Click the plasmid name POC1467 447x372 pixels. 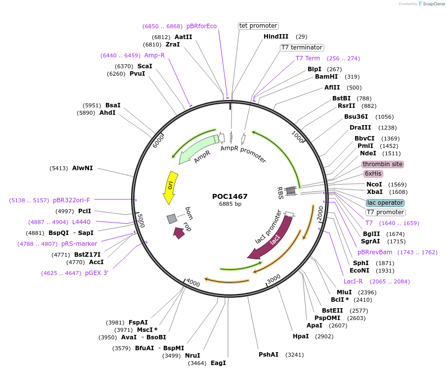tap(230, 196)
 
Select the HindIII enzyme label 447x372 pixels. tap(276, 37)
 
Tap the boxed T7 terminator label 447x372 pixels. tap(302, 47)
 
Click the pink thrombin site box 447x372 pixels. tap(382, 164)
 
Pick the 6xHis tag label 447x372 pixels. tap(373, 174)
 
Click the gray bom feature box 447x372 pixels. tap(172, 219)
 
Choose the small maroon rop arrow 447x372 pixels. tap(179, 232)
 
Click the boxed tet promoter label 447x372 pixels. tap(258, 26)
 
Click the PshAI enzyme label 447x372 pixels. tap(268, 355)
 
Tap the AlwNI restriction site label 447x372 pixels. tap(82, 168)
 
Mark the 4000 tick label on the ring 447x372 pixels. tap(193, 283)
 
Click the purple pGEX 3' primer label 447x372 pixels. tap(96, 273)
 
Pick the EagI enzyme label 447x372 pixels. tap(218, 363)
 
